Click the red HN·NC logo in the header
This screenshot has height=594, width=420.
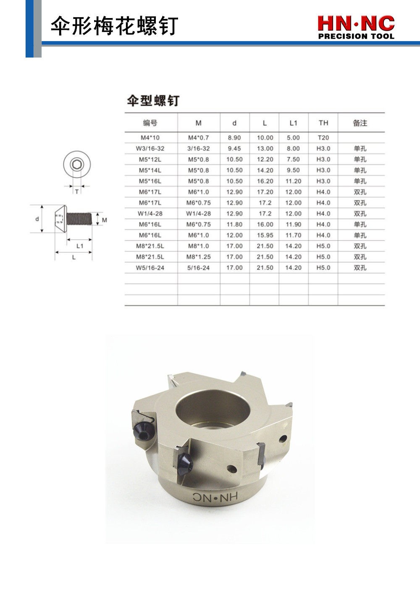click(356, 24)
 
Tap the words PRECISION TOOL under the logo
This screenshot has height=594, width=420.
click(356, 36)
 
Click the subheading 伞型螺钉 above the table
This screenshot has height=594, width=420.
click(153, 101)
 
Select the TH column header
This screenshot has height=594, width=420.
click(323, 123)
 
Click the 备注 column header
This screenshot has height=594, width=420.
click(360, 123)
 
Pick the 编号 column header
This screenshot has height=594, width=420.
click(150, 123)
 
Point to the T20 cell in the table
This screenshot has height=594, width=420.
click(323, 138)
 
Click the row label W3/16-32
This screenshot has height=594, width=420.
click(150, 149)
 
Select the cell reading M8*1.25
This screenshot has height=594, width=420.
click(198, 257)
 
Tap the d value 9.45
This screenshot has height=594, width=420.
click(234, 149)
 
